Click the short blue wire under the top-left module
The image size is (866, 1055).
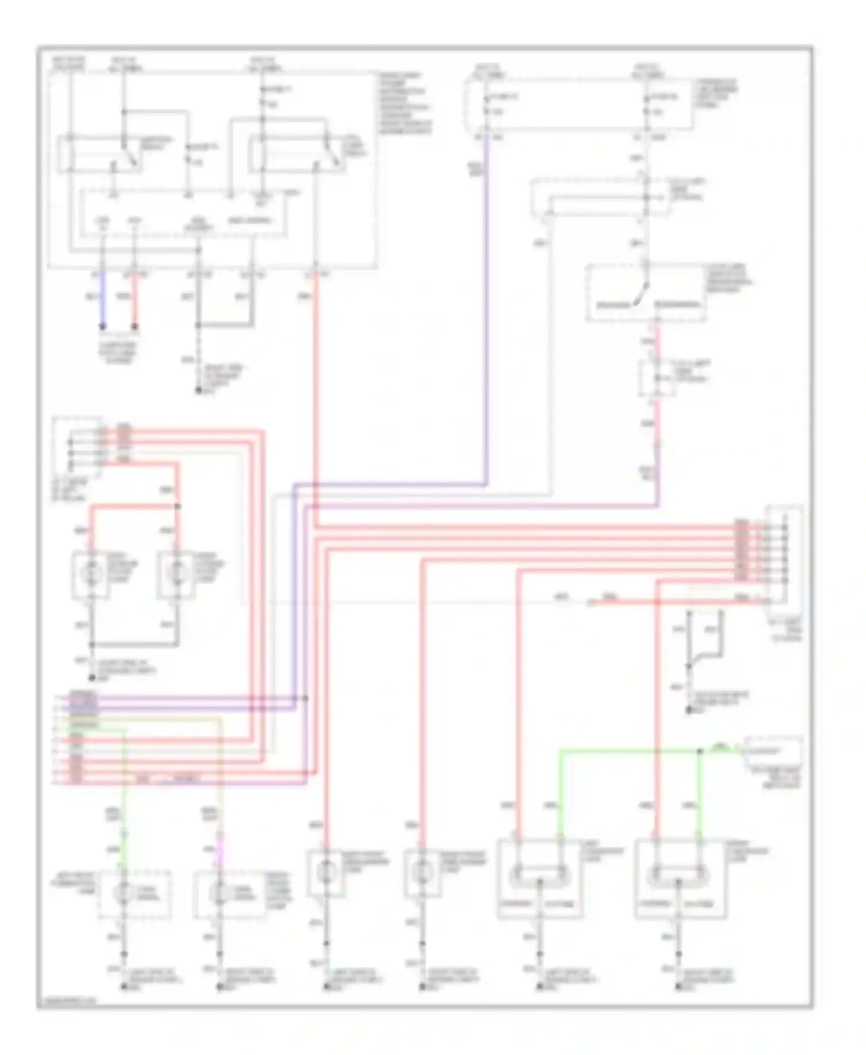[x=103, y=300]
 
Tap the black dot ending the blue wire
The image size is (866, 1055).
[x=103, y=327]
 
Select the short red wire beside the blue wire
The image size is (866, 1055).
[x=135, y=300]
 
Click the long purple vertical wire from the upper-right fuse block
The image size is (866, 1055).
[x=486, y=312]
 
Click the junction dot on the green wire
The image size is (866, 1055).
[x=700, y=751]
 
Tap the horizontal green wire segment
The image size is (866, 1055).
[x=629, y=751]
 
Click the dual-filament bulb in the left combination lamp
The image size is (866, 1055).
[x=539, y=876]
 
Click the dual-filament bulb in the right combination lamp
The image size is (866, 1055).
[x=678, y=876]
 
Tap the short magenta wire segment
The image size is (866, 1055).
[x=219, y=843]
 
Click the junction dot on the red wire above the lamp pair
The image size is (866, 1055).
[x=178, y=507]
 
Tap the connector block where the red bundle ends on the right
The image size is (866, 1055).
[x=783, y=554]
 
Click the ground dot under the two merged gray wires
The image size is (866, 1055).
[x=198, y=391]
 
